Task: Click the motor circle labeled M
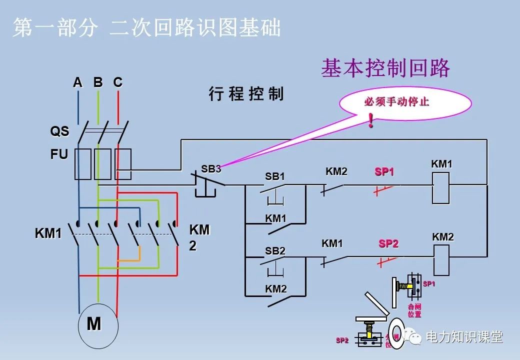point(98,325)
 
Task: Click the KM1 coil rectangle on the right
point(440,188)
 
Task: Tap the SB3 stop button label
point(211,169)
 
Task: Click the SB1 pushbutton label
point(274,176)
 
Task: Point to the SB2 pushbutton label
point(275,251)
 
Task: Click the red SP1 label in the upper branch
point(384,172)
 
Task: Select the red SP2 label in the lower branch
point(388,243)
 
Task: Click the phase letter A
point(77,82)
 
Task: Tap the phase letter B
point(98,82)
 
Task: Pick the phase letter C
point(117,82)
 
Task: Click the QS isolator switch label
point(59,131)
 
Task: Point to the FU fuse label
point(59,154)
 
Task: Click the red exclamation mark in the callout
point(370,120)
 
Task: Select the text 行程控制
point(246,94)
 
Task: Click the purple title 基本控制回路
point(385,68)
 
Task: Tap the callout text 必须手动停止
point(396,102)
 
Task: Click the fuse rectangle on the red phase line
point(122,163)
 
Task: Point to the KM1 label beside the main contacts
point(48,233)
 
